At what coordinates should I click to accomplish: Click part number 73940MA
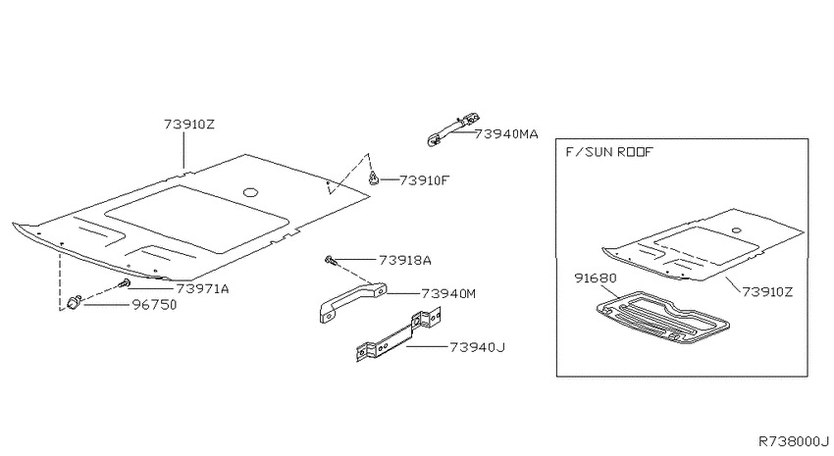click(x=506, y=134)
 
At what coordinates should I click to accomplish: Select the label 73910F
click(x=424, y=180)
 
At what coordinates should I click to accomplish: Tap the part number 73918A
click(x=405, y=260)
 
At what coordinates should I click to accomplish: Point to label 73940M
click(x=448, y=293)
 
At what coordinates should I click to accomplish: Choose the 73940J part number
click(x=477, y=347)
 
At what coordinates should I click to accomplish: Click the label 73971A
click(x=202, y=288)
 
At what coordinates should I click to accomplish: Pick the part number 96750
click(x=154, y=305)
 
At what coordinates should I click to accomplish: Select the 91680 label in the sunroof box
click(x=596, y=278)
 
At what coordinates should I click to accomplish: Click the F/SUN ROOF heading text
click(x=608, y=152)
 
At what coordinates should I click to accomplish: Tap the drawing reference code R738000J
click(x=794, y=441)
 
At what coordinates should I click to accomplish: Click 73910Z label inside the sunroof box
click(x=767, y=292)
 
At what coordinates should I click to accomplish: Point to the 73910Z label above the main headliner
click(x=188, y=125)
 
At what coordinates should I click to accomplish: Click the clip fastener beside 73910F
click(x=374, y=178)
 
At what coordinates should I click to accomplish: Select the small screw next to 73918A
click(x=330, y=260)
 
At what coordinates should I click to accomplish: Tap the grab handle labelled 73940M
click(x=352, y=302)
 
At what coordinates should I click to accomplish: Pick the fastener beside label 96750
click(x=74, y=302)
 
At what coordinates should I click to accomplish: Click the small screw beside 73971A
click(x=126, y=282)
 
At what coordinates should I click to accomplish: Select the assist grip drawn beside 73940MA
click(x=453, y=128)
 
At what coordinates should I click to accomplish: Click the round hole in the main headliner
click(x=250, y=192)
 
